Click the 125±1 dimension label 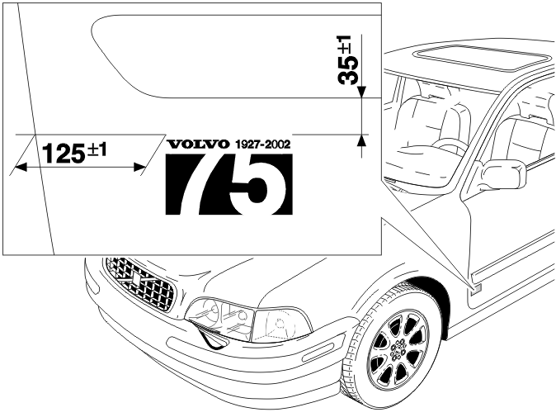click(x=74, y=152)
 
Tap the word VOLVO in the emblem click(x=197, y=144)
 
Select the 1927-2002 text click(x=263, y=144)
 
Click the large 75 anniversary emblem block click(x=229, y=184)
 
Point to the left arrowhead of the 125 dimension click(x=21, y=167)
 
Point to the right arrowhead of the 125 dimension click(x=139, y=167)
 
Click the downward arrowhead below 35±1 click(x=361, y=92)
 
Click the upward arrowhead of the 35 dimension click(x=361, y=140)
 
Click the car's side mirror click(x=503, y=174)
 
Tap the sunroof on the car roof click(x=483, y=58)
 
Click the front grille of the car click(x=140, y=283)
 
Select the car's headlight click(x=247, y=320)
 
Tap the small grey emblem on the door click(x=476, y=288)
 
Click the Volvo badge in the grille click(x=135, y=279)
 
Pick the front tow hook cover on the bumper click(x=210, y=337)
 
